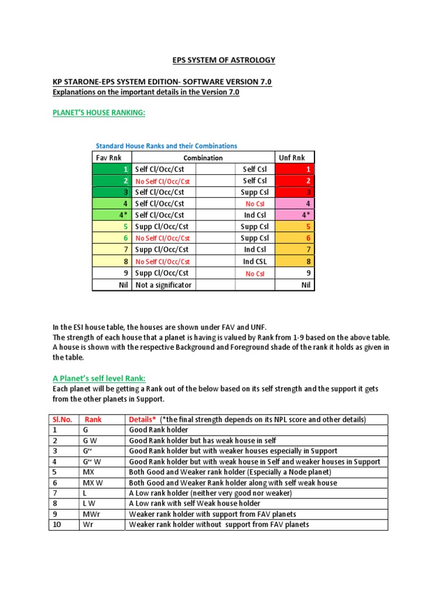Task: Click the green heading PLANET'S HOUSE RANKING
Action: pos(99,113)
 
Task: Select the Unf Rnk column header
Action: pos(295,157)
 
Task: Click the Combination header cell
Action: pos(203,157)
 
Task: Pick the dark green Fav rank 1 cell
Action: pos(112,169)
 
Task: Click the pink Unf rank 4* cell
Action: pos(295,215)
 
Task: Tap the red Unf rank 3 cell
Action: pos(295,192)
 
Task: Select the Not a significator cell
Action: pos(163,285)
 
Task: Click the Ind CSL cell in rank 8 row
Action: pos(254,262)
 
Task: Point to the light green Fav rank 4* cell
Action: pos(112,215)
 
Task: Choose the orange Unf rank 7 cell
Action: pos(295,250)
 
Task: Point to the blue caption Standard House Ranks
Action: pos(166,146)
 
